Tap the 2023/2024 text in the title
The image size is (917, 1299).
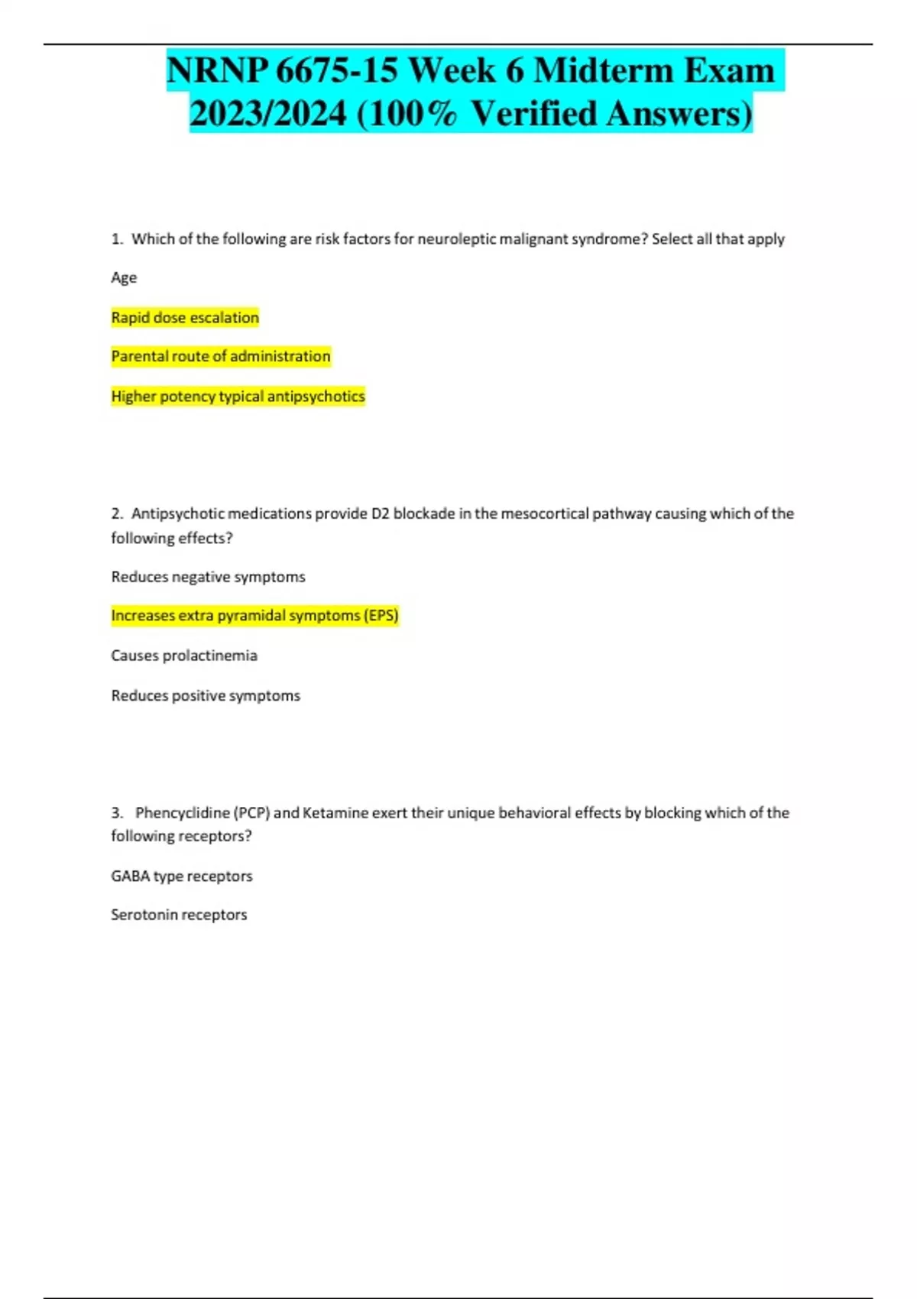(267, 114)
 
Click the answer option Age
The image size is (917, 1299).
(124, 277)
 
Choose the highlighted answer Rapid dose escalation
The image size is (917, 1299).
(185, 317)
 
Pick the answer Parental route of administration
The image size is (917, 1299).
(221, 356)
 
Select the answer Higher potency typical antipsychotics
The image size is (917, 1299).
(238, 396)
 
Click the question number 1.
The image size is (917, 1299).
(116, 239)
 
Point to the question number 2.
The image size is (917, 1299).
(116, 513)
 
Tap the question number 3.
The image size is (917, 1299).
(116, 812)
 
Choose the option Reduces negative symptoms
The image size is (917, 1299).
(208, 577)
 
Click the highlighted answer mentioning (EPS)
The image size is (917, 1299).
(254, 615)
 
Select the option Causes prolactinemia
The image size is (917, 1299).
(184, 656)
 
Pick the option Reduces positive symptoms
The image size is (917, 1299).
(206, 695)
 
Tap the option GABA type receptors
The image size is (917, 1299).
(182, 876)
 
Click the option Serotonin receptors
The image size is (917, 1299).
(179, 915)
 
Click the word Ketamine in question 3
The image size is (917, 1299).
(335, 812)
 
